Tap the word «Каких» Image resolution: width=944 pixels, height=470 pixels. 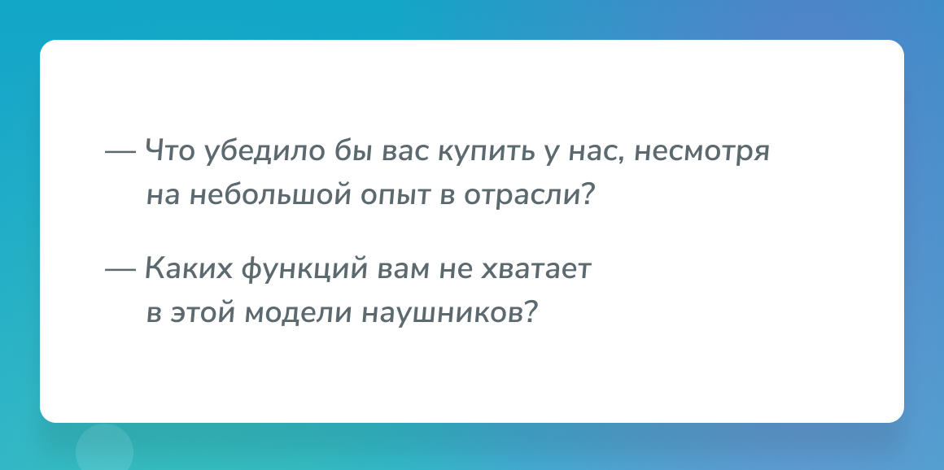tap(189, 268)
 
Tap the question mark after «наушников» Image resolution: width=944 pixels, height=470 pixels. tap(530, 312)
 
